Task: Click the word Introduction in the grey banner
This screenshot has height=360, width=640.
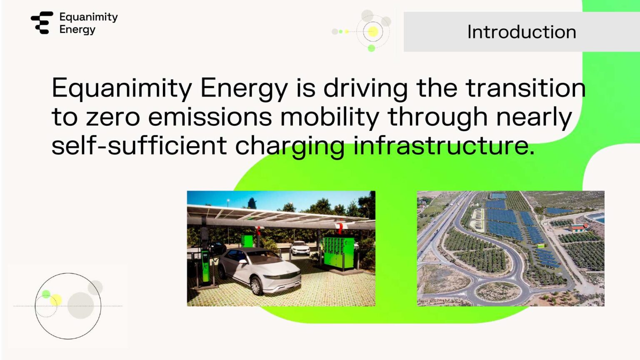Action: click(x=521, y=32)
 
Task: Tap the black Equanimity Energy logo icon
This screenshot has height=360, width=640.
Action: click(x=42, y=22)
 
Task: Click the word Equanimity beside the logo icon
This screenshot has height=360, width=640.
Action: click(x=88, y=17)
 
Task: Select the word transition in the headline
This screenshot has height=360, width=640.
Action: click(x=525, y=88)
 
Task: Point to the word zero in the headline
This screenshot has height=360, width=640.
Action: click(x=113, y=117)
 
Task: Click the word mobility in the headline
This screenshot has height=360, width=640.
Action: click(x=330, y=117)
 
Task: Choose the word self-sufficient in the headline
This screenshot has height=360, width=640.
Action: click(x=139, y=145)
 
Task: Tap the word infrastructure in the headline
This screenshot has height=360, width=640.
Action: click(x=444, y=145)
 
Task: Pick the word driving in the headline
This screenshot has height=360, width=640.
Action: click(x=365, y=89)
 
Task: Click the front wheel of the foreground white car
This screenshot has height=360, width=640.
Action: click(x=257, y=286)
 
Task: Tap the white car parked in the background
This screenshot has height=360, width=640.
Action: click(x=300, y=248)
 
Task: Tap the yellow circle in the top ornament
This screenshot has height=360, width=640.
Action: click(x=373, y=32)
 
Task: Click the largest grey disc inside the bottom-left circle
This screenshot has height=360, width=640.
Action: click(x=80, y=305)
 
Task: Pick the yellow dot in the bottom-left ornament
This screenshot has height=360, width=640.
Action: click(x=56, y=300)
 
